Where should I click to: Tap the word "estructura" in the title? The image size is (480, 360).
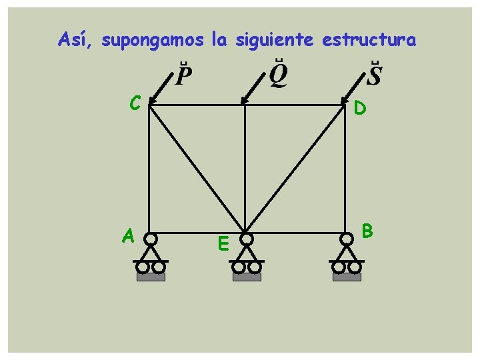point(369,40)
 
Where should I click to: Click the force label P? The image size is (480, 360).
point(184,76)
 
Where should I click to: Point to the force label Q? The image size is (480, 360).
point(279,75)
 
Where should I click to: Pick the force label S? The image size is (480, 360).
point(375,75)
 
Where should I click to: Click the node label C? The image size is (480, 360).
point(135,103)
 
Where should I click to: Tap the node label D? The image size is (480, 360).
point(360,107)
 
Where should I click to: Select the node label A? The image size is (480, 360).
point(128,235)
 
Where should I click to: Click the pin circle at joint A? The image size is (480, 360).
point(151,239)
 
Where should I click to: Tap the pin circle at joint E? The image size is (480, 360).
point(247,238)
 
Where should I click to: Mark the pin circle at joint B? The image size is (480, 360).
point(347,239)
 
